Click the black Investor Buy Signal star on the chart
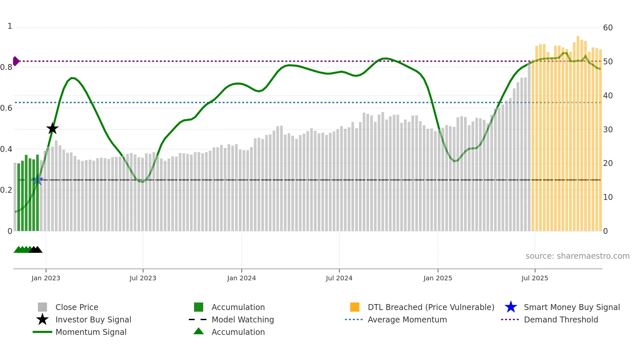pyautogui.click(x=52, y=129)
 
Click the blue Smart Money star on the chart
pyautogui.click(x=38, y=180)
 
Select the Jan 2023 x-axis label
pyautogui.click(x=46, y=278)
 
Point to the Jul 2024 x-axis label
pyautogui.click(x=339, y=278)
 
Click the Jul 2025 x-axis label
pyautogui.click(x=535, y=278)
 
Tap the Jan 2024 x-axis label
pyautogui.click(x=241, y=278)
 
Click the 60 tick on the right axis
pyautogui.click(x=608, y=28)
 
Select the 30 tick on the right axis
pyautogui.click(x=608, y=130)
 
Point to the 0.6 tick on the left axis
pyautogui.click(x=6, y=108)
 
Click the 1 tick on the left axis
pyautogui.click(x=10, y=26)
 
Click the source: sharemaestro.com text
pyautogui.click(x=577, y=256)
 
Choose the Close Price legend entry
pyautogui.click(x=76, y=307)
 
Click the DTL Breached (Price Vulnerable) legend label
pyautogui.click(x=431, y=307)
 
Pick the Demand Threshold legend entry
pyautogui.click(x=561, y=320)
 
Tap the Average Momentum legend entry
pyautogui.click(x=407, y=320)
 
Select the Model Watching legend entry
pyautogui.click(x=242, y=320)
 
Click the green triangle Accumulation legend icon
pyautogui.click(x=199, y=332)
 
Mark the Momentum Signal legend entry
pyautogui.click(x=91, y=332)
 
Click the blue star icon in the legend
pyautogui.click(x=511, y=307)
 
